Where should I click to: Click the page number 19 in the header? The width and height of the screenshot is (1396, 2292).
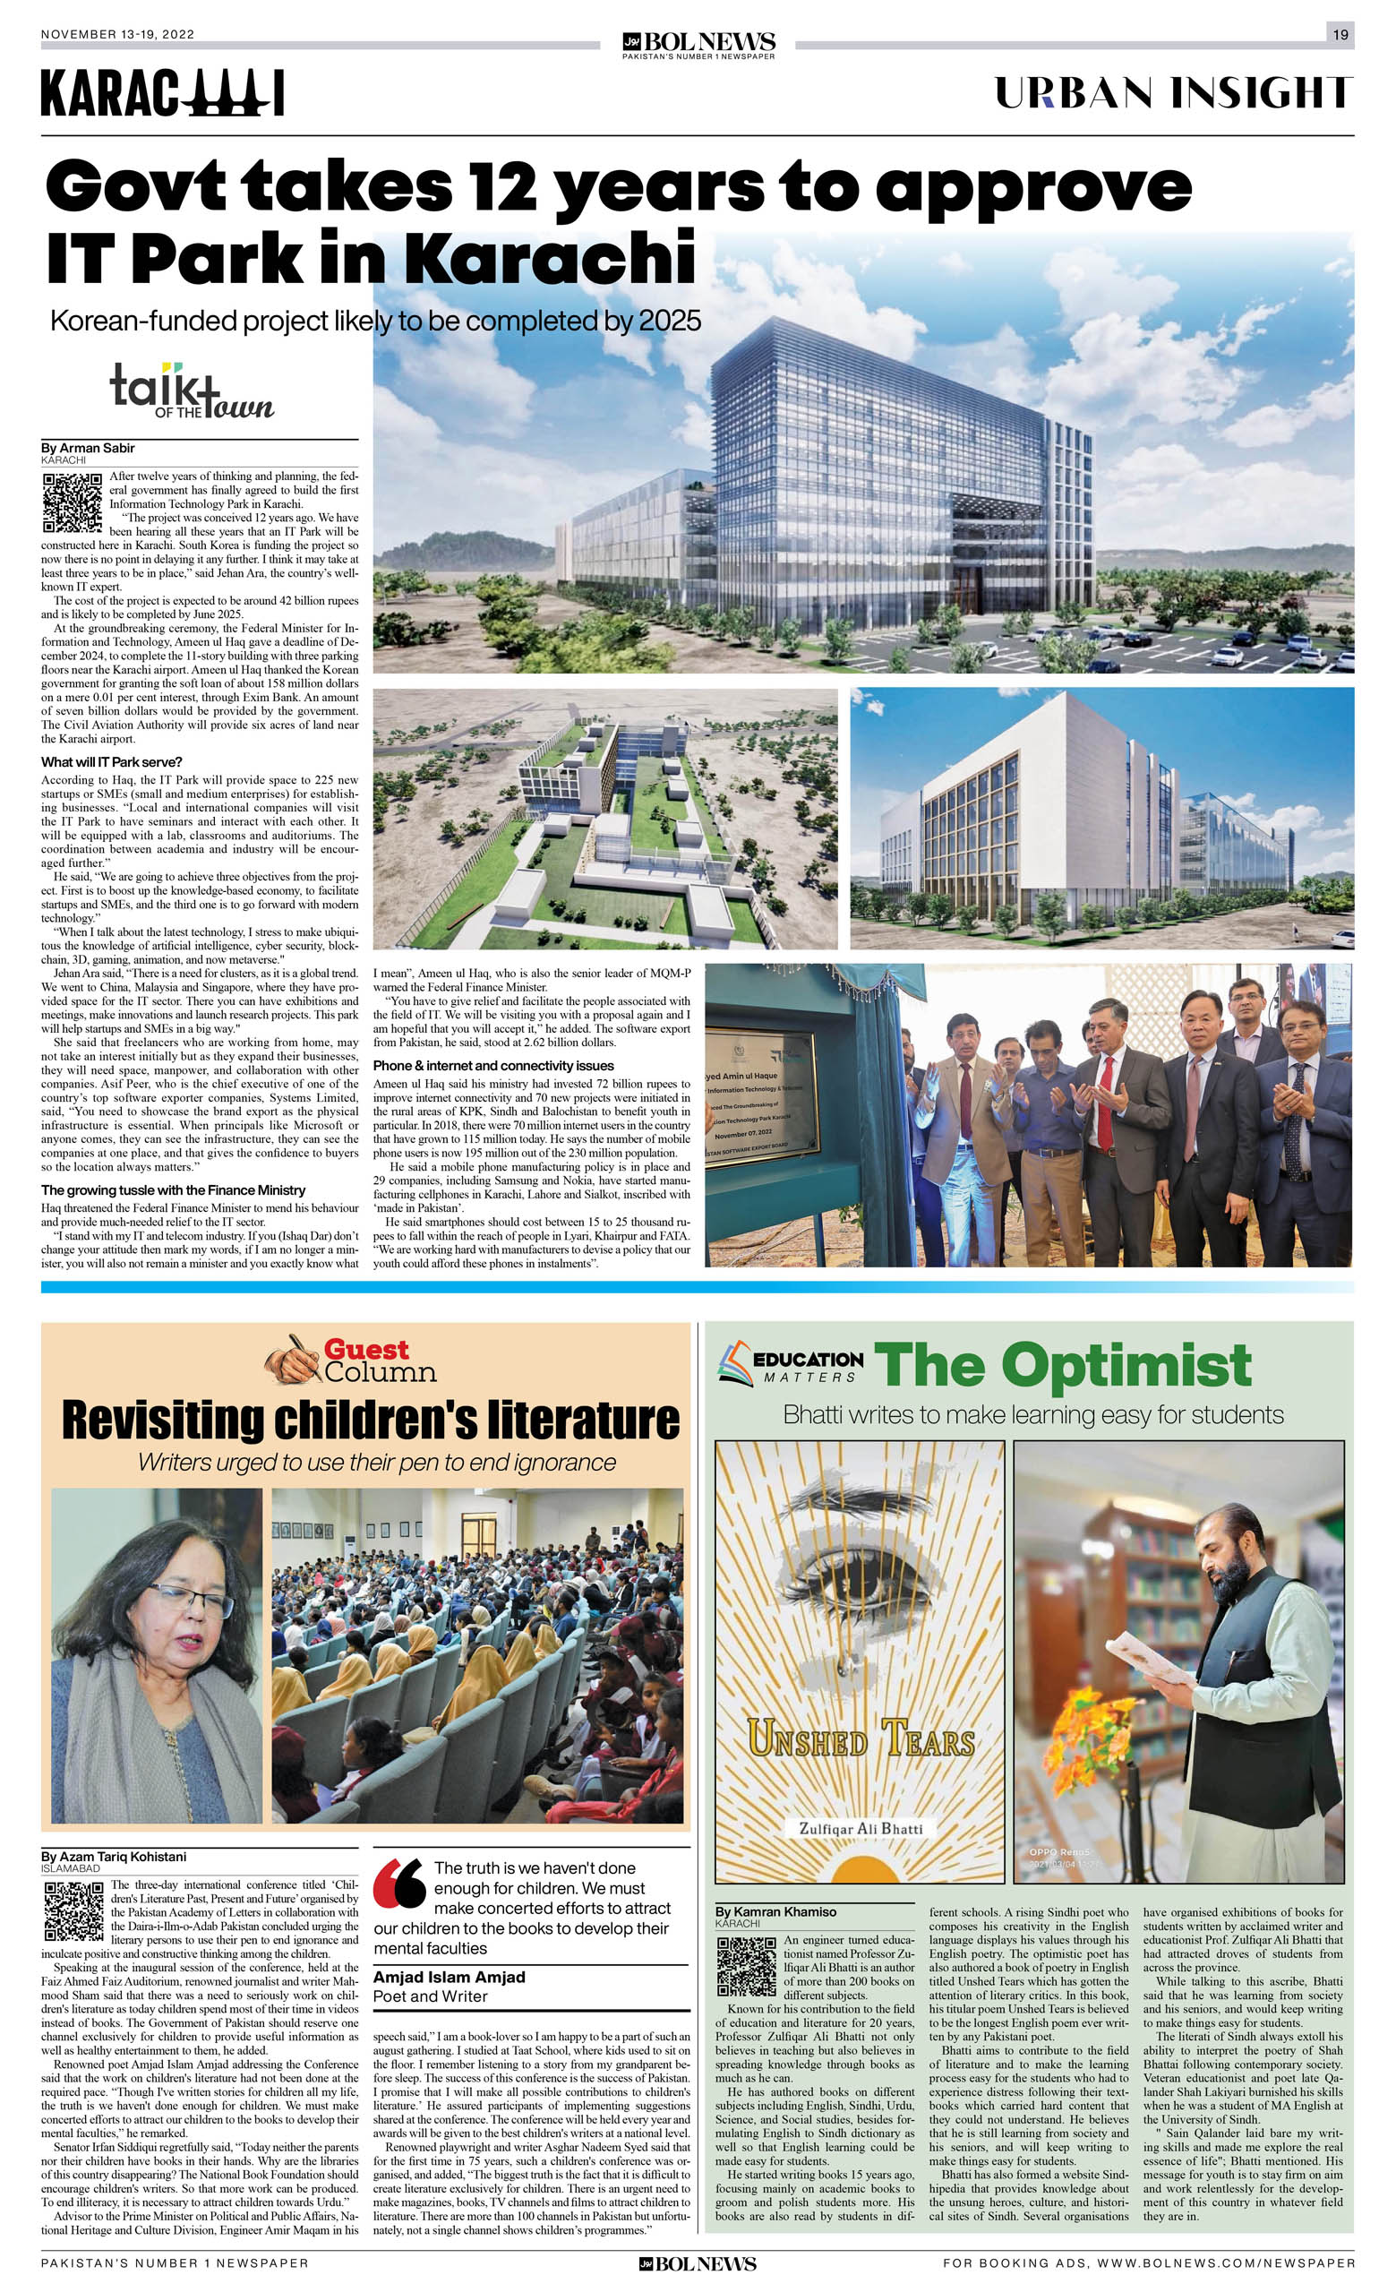pos(1340,34)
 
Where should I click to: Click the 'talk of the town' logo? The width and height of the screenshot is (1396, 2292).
pos(192,390)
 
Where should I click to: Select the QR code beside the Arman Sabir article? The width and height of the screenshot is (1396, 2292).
pos(72,502)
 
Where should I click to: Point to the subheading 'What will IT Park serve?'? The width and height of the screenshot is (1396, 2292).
pos(112,762)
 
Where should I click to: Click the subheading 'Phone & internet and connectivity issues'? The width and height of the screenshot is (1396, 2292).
pos(492,1065)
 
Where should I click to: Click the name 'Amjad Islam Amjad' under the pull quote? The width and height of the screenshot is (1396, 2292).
pos(450,1977)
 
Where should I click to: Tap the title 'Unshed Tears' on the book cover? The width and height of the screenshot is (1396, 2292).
pos(861,1736)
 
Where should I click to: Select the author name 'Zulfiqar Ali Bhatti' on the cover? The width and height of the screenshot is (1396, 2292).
pos(861,1828)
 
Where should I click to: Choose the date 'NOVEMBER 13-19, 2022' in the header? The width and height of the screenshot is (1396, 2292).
pos(117,34)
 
